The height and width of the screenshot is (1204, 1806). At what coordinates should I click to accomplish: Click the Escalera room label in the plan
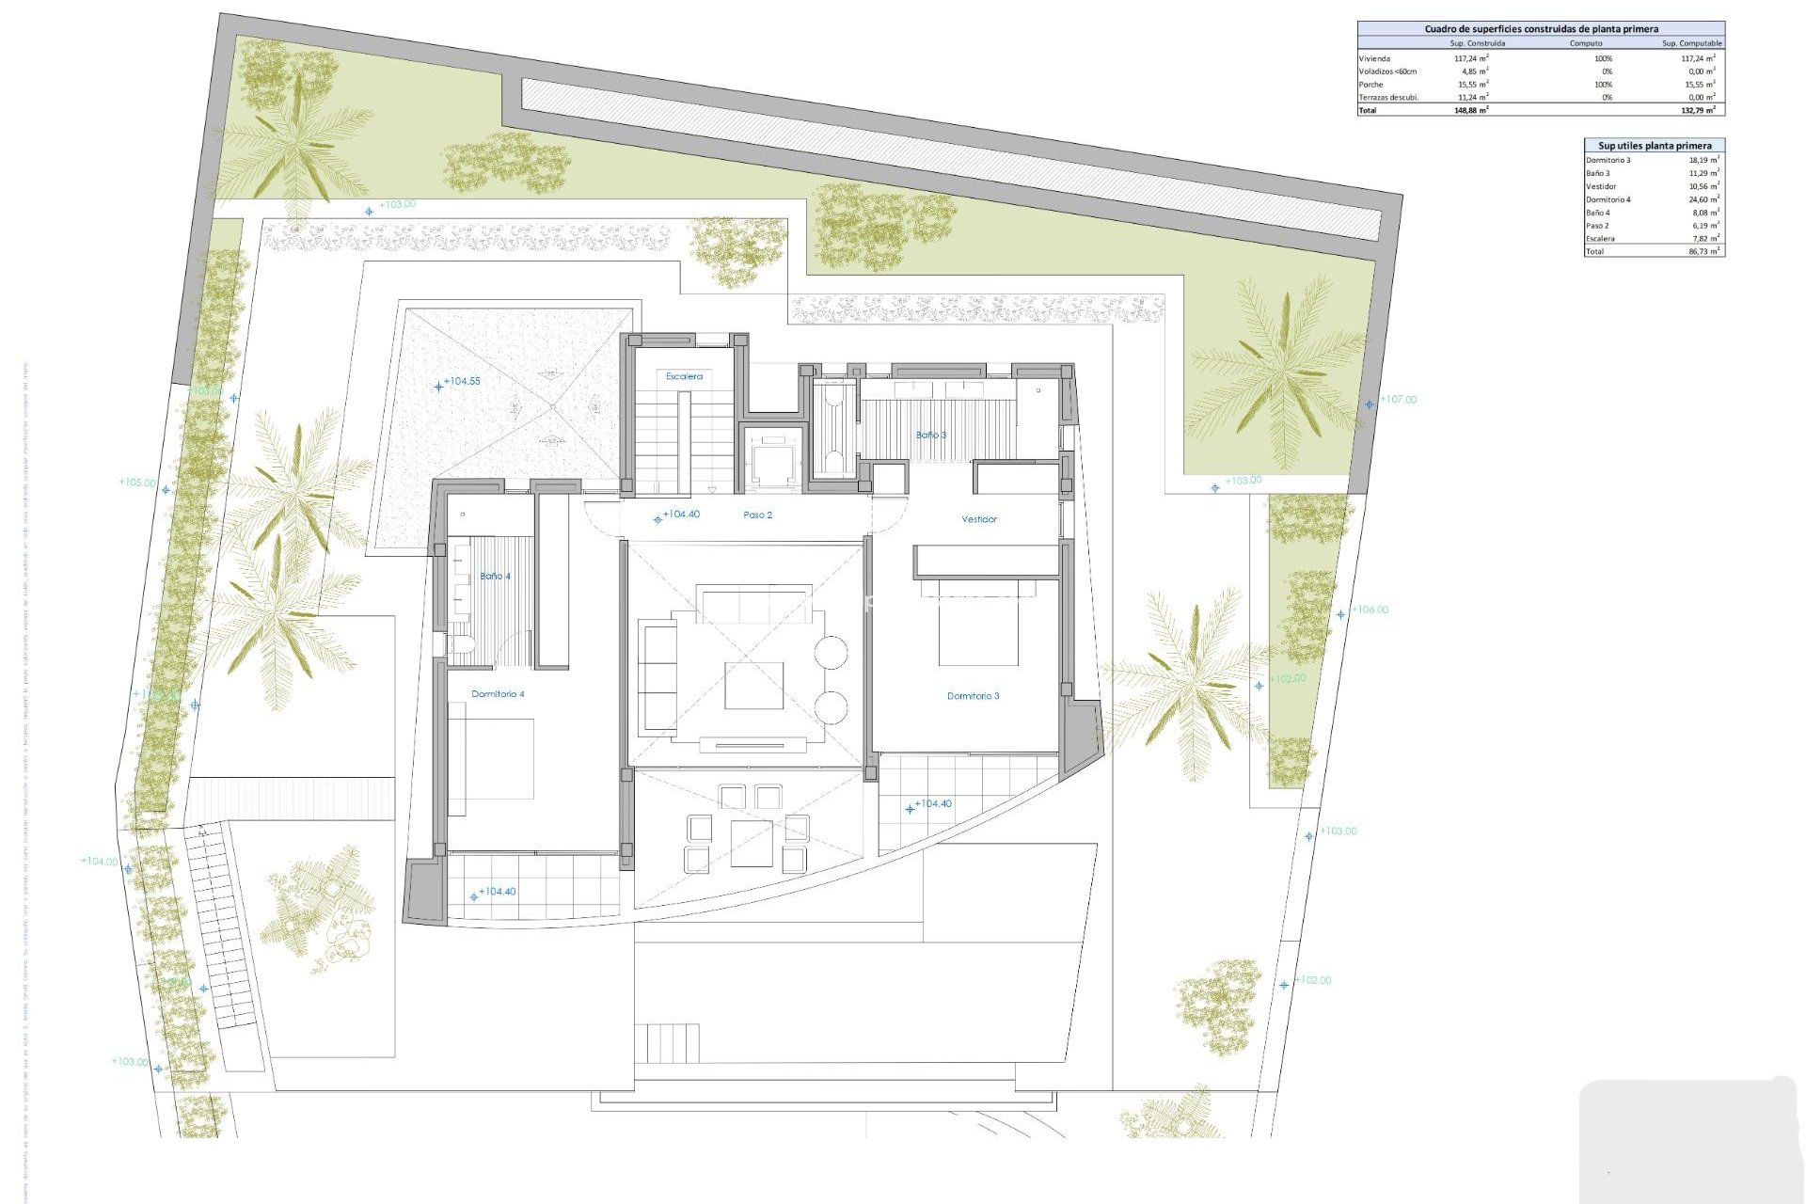(684, 376)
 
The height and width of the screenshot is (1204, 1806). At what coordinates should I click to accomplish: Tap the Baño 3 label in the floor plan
(931, 436)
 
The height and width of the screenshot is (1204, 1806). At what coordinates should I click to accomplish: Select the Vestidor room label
(978, 519)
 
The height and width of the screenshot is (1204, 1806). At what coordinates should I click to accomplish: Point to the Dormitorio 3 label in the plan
(973, 696)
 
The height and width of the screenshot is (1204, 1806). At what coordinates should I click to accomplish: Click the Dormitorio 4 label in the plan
(498, 694)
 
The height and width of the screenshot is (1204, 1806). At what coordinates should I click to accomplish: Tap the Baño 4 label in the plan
(495, 576)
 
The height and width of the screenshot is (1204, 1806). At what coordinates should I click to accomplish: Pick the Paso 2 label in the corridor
(757, 515)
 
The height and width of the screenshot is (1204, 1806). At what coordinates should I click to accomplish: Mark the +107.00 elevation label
(1398, 400)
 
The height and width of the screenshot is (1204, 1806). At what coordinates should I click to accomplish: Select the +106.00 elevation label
(1370, 610)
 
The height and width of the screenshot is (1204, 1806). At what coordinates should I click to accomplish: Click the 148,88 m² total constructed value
(1471, 110)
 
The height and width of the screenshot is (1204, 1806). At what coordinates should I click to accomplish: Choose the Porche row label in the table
(1371, 85)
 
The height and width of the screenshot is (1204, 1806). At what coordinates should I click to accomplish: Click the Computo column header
(1586, 43)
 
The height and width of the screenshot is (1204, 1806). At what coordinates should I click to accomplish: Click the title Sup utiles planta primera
(1655, 146)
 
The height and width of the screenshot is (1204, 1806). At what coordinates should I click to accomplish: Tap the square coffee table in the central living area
(753, 685)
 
